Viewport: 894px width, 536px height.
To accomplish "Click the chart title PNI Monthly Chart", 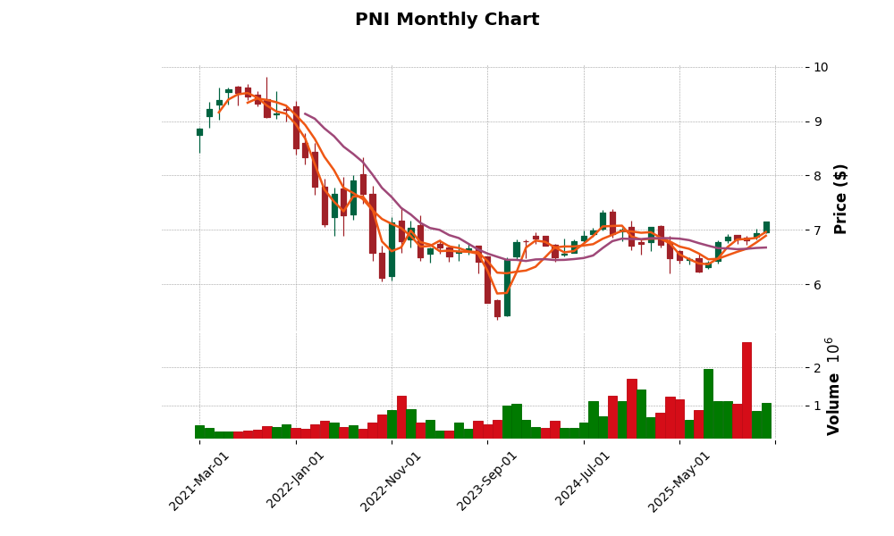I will [x=447, y=20].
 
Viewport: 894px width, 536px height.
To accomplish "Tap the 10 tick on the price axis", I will [x=821, y=67].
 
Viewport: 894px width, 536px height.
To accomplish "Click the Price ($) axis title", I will [x=840, y=198].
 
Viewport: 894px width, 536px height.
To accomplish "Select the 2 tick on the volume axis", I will [x=816, y=368].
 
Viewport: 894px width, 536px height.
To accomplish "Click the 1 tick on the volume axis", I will [x=816, y=406].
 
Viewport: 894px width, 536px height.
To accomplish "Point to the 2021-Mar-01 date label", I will [x=200, y=481].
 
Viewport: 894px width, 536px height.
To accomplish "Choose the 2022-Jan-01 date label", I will [x=297, y=481].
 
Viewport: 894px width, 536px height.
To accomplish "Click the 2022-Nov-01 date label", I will [x=392, y=481].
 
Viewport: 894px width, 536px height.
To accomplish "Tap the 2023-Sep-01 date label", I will [x=488, y=481].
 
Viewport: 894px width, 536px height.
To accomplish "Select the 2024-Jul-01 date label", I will [x=584, y=481].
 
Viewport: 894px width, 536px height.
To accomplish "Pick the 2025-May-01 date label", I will [x=680, y=481].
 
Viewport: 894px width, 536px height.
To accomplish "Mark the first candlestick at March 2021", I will [x=199, y=132].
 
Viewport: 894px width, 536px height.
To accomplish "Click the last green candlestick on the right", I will [x=766, y=227].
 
